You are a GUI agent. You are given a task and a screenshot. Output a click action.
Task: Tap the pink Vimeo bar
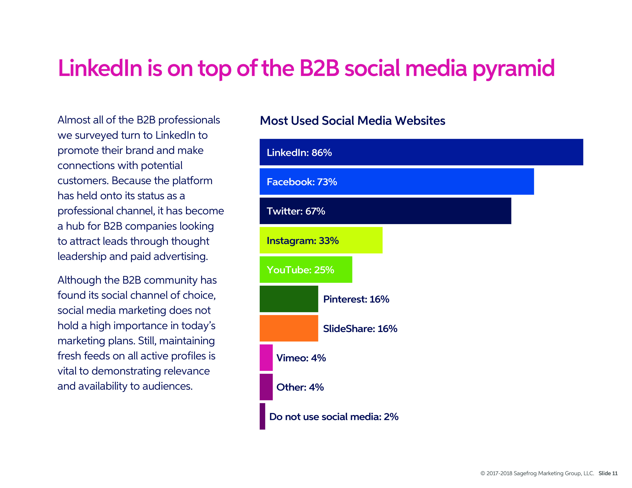(x=266, y=358)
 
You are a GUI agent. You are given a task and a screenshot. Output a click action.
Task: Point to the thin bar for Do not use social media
(x=262, y=416)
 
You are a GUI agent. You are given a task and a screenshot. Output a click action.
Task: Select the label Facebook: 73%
(x=302, y=182)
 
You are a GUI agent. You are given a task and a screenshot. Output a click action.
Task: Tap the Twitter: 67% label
(x=296, y=211)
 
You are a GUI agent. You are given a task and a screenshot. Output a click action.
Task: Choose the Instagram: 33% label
(x=303, y=241)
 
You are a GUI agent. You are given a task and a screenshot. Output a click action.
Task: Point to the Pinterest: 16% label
(x=356, y=299)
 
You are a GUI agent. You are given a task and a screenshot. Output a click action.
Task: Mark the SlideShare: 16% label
(x=360, y=329)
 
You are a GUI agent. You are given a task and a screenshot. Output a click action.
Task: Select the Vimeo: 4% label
(x=301, y=358)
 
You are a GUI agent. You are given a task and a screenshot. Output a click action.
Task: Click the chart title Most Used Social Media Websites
(x=352, y=121)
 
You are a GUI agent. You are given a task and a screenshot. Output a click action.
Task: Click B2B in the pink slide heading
(x=319, y=68)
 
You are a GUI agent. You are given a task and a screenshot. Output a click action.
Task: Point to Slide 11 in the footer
(x=608, y=473)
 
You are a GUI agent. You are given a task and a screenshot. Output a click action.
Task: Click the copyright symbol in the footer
(x=483, y=473)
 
